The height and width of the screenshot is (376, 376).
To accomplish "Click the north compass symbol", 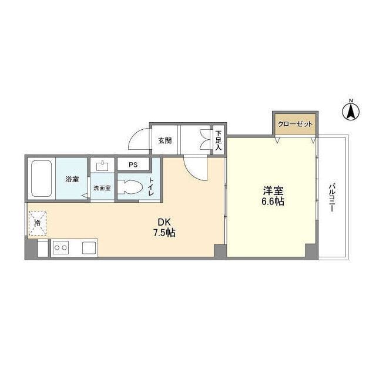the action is (x=351, y=111).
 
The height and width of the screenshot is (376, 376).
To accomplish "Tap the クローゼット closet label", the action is (x=295, y=124).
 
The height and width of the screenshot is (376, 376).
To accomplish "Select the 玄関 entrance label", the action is (x=164, y=140).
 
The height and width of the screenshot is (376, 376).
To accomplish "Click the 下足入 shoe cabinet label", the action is (x=218, y=140).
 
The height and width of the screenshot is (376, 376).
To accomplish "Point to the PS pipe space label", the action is (x=133, y=164).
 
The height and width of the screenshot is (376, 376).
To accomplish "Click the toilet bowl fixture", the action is (x=130, y=187).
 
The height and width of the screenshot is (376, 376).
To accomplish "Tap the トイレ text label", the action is (x=151, y=187).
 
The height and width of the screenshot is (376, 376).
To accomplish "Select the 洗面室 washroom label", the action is (x=102, y=188).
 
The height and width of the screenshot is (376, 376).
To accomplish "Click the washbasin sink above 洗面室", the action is (x=102, y=166).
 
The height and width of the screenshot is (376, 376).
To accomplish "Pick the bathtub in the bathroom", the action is (x=42, y=179).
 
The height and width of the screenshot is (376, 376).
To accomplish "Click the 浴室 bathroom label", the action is (x=72, y=179).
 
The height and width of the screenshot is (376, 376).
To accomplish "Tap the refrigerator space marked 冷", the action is (x=38, y=223).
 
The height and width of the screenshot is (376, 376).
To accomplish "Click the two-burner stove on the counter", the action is (x=61, y=248).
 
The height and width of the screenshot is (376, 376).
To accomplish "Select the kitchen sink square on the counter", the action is (x=89, y=248).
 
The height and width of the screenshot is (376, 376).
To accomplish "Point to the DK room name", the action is (x=164, y=222).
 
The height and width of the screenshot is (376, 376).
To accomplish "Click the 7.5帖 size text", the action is (x=164, y=233).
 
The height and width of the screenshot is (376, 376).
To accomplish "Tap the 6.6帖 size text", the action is (x=273, y=202).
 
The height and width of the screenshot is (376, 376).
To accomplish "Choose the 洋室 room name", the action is (x=273, y=191).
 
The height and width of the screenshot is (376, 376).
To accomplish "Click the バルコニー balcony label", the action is (x=332, y=197).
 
